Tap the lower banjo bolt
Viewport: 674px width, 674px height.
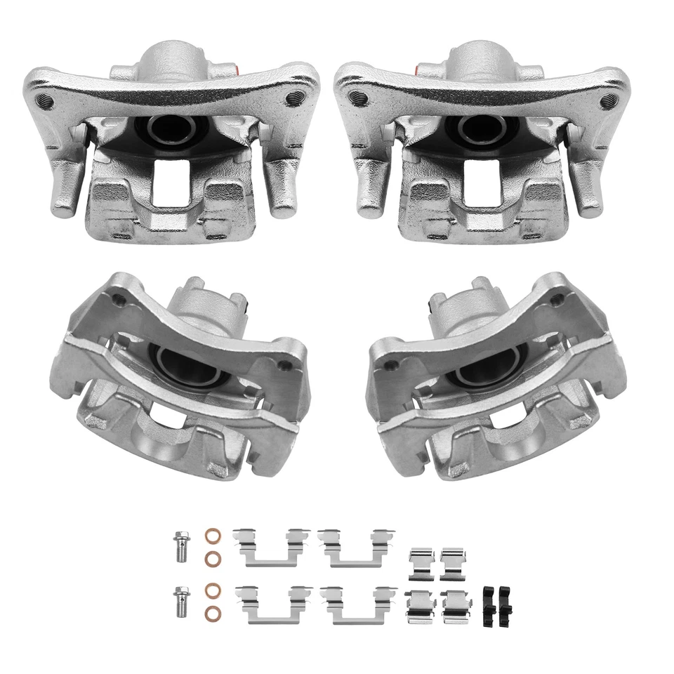point(180,600)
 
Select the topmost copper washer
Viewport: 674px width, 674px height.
point(210,535)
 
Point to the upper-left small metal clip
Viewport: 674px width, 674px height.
point(421,562)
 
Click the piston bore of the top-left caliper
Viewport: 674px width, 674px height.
point(171,128)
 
